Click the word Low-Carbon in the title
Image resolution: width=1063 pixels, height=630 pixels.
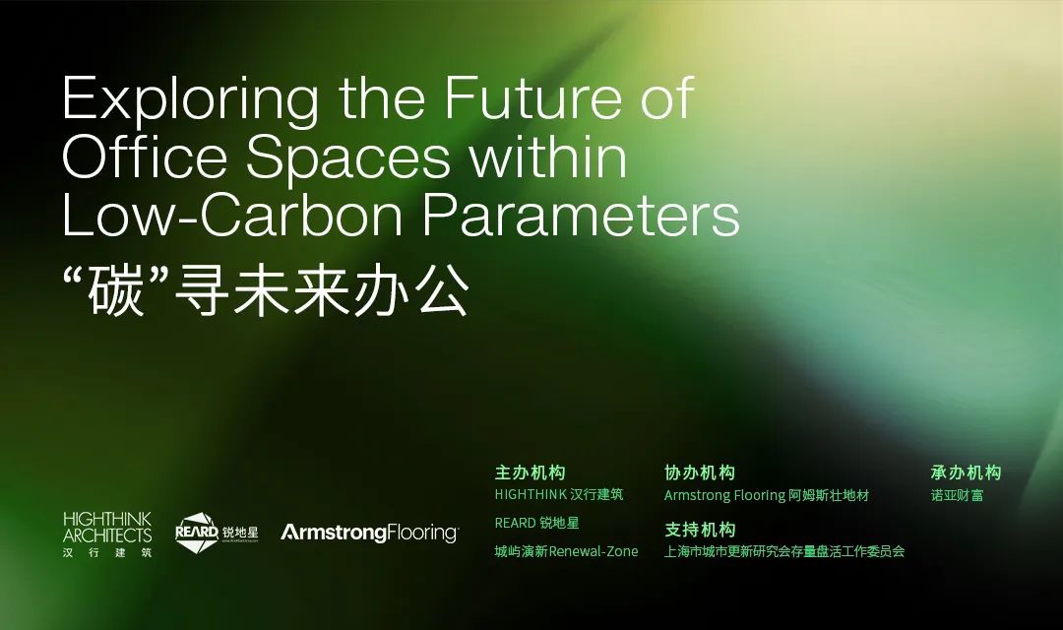click(233, 217)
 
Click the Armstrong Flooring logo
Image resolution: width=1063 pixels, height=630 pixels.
click(369, 533)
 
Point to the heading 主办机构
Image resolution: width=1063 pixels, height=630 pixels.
click(530, 472)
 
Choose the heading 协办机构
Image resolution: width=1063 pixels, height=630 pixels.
click(700, 472)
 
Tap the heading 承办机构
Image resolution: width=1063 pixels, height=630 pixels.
click(966, 472)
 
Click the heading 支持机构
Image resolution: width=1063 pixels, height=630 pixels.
click(700, 528)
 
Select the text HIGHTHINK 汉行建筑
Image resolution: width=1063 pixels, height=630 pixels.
click(558, 495)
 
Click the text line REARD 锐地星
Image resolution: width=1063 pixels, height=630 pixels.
click(536, 523)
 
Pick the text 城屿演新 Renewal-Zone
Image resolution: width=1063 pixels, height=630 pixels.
click(566, 551)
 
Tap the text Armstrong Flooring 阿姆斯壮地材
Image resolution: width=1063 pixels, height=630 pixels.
click(766, 495)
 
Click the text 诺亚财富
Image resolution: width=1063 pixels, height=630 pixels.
click(956, 495)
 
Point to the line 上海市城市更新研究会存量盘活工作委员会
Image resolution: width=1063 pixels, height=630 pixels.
click(783, 551)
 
